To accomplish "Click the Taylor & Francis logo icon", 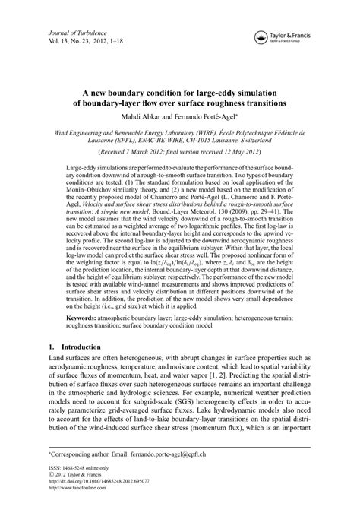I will coord(263,34).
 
